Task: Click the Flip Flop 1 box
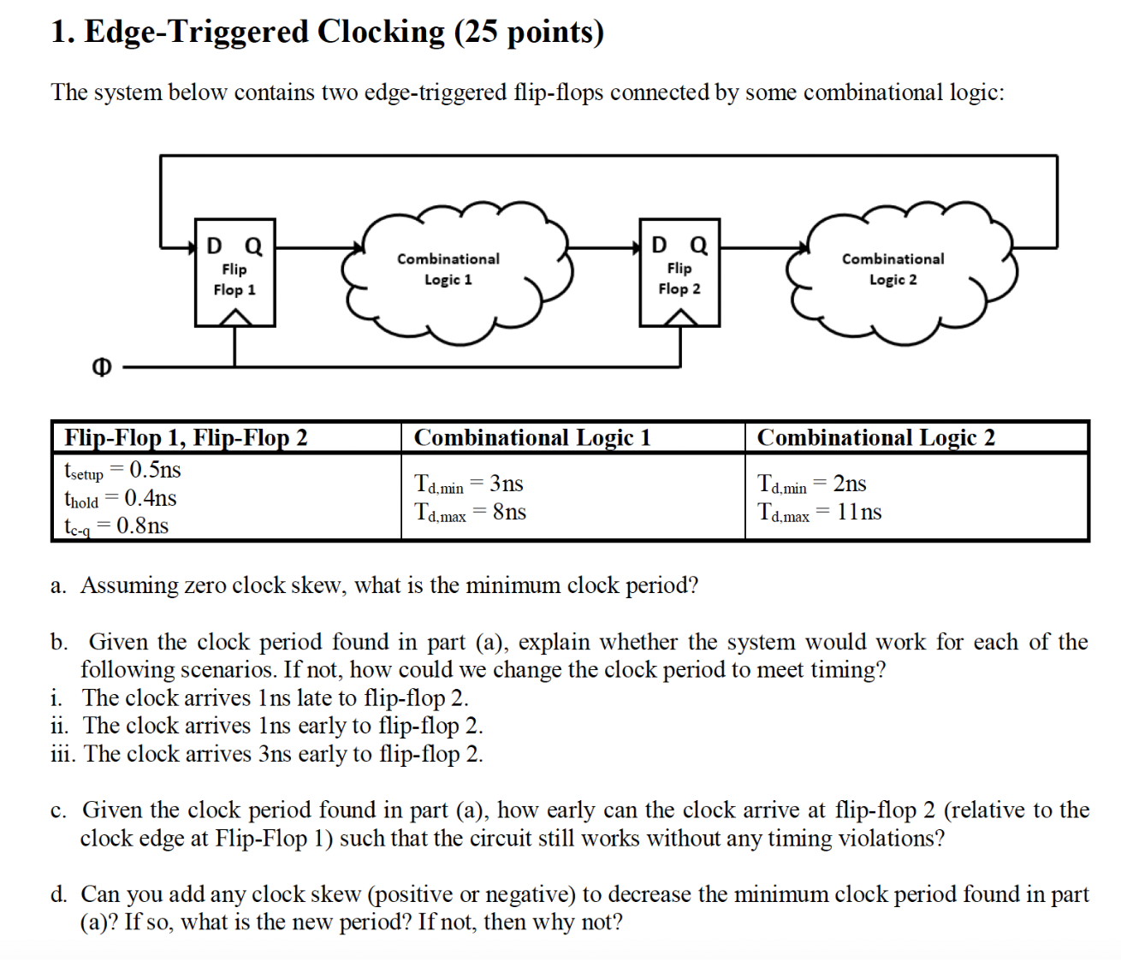pos(234,272)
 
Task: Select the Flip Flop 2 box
pos(679,272)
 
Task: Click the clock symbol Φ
pos(101,367)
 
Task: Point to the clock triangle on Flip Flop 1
pos(235,317)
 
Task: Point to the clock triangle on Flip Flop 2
pos(680,317)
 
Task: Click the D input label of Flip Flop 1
pos(214,246)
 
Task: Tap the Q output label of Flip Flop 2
pos(698,246)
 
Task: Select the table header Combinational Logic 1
pos(532,437)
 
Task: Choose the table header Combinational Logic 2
pos(875,437)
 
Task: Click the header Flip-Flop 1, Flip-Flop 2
pos(186,437)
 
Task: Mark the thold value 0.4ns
pos(151,498)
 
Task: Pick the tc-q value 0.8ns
pos(143,525)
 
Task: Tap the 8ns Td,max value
pos(509,512)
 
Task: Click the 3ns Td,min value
pos(507,484)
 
